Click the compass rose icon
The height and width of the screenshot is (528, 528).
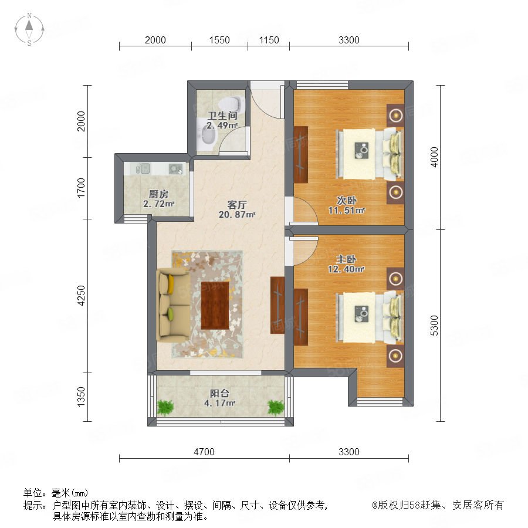coord(29,29)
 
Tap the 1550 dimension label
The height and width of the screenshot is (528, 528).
coord(219,40)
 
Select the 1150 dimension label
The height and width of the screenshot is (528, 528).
coord(269,40)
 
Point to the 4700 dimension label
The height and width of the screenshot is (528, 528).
coord(204,452)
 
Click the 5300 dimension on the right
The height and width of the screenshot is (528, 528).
coord(434,325)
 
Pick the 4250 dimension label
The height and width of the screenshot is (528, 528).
coord(81,296)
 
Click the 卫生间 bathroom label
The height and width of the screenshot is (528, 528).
coord(222,116)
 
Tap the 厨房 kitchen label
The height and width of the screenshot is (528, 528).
coord(158,194)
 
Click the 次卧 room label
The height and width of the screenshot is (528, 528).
coord(347,201)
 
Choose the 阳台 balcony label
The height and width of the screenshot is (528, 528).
coord(219,393)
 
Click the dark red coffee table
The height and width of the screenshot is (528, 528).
coord(215,305)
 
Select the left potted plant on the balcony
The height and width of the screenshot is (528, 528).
coord(165,407)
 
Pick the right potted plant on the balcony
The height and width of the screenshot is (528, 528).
coord(276,407)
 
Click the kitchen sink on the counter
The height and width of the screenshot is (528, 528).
coord(143,168)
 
